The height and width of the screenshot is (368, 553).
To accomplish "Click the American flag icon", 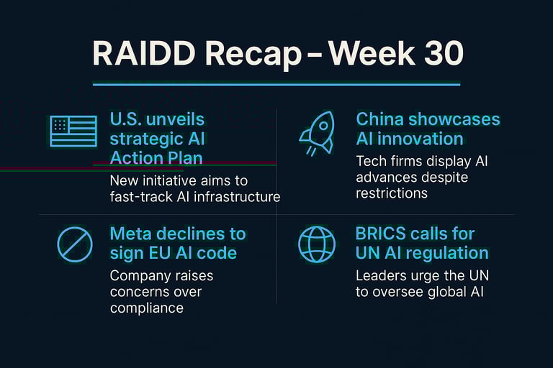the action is tap(73, 131).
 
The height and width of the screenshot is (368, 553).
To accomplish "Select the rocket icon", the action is tap(317, 133).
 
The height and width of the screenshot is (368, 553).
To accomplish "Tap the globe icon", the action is tap(317, 244).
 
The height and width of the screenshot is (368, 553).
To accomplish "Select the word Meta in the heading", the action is tap(130, 234).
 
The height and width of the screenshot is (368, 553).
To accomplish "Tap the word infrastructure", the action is tap(237, 197).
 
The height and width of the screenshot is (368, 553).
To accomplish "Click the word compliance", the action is tap(147, 308).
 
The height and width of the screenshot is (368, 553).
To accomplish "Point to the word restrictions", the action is tap(392, 193).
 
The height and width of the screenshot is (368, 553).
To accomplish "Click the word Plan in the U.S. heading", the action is tap(186, 157).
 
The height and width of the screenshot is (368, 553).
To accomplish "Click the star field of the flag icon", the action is tap(60, 125).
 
